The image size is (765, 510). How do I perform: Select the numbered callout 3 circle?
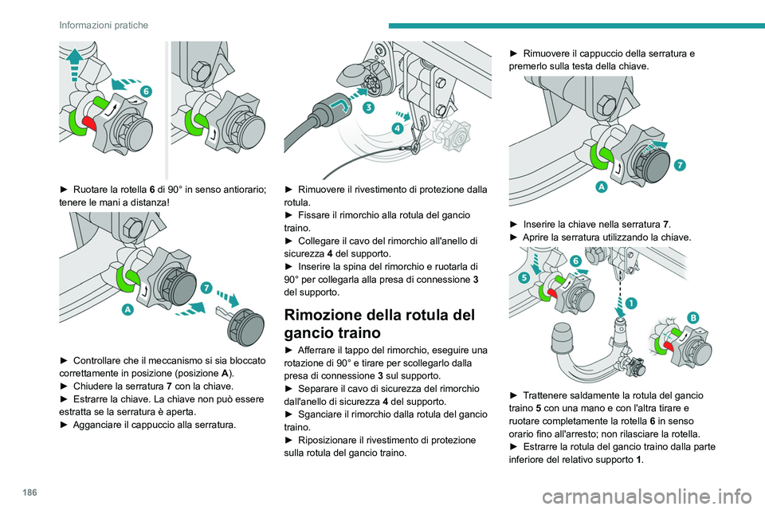tap(369, 107)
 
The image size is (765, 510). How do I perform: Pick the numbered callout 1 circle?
tap(630, 304)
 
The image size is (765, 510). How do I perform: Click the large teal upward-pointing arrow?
tap(73, 58)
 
